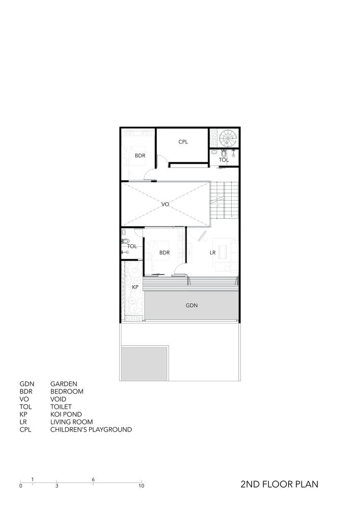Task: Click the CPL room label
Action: tap(183, 142)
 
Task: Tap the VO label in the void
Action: tap(165, 204)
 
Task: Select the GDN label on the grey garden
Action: tap(191, 306)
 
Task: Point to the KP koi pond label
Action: tap(135, 288)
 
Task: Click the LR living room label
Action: tap(213, 252)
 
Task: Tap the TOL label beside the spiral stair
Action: tap(224, 160)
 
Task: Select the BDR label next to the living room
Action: tap(164, 252)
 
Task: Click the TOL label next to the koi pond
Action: tap(132, 246)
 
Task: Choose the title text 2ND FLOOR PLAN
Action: tap(280, 484)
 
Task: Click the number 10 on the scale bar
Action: tap(141, 486)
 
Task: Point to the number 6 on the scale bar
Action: tap(94, 479)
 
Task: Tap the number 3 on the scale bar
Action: tap(57, 486)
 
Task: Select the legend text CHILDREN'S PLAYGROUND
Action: tap(91, 430)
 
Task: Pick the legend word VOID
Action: tap(58, 399)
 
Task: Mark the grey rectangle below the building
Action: tap(144, 363)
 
